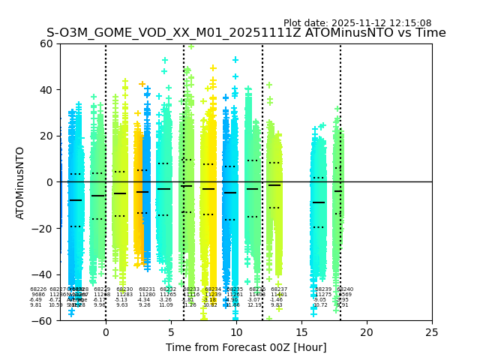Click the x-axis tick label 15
[x=301, y=332]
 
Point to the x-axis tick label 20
[x=367, y=332]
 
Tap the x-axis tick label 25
[x=432, y=332]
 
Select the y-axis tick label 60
[x=46, y=43]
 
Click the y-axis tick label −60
[x=43, y=320]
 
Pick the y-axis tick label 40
[x=46, y=90]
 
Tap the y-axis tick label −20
[x=43, y=228]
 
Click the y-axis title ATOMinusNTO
[x=21, y=182]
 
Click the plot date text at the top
[x=357, y=23]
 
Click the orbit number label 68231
[x=147, y=289]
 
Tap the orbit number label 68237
[x=279, y=289]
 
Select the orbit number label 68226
[x=38, y=289]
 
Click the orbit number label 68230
[x=124, y=289]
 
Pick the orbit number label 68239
[x=323, y=289]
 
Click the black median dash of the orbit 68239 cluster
[x=319, y=202]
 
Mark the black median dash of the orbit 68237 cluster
[x=274, y=185]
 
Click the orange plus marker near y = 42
[x=142, y=84]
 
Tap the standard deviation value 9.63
[x=122, y=305]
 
